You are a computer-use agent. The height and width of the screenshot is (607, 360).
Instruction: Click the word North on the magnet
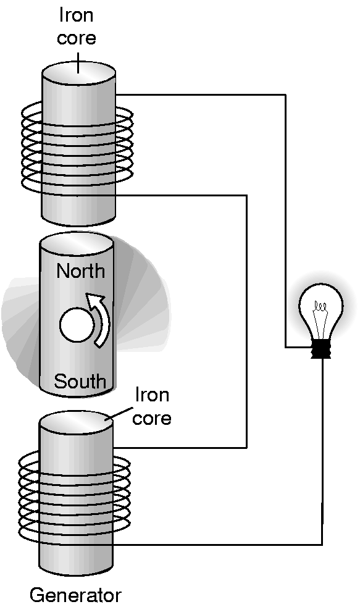coord(80,270)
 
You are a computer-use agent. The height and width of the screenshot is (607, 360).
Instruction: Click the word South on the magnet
coord(80,382)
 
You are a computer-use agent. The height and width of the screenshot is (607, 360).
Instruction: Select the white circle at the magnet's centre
coord(76,325)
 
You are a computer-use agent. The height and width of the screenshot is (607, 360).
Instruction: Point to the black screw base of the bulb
coord(321,349)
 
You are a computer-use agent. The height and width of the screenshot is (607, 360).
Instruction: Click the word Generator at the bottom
coord(75,595)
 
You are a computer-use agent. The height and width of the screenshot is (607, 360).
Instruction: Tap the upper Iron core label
coord(76,27)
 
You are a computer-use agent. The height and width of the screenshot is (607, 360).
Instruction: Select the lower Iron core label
coord(152,406)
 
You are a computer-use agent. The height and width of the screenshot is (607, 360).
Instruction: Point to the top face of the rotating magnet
coord(77,243)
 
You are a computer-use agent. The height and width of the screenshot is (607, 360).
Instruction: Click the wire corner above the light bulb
coord(286,94)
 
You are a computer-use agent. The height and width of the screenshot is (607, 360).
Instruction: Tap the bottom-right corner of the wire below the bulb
coord(322,545)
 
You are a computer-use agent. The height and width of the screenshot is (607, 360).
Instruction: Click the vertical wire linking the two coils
coord(246,322)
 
